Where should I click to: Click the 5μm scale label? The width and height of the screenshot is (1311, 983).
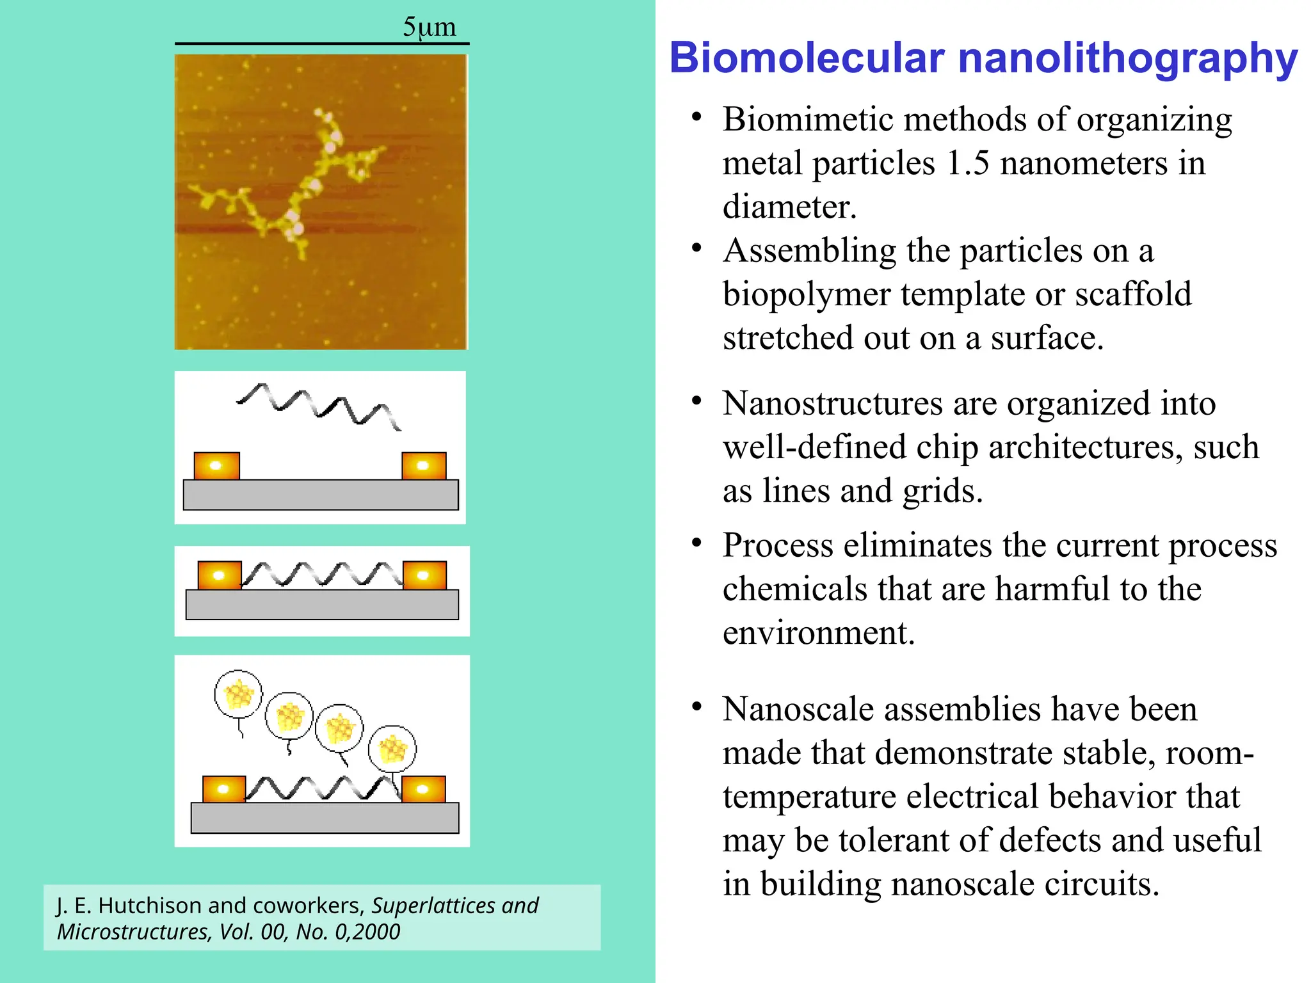(429, 27)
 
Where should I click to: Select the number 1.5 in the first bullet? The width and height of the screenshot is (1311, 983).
(967, 163)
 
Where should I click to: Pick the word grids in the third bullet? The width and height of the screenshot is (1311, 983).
(942, 491)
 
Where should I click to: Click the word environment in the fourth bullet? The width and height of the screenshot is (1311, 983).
(818, 633)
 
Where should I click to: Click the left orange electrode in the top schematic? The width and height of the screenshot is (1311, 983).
(216, 466)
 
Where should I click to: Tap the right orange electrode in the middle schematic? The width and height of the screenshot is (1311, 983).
(424, 575)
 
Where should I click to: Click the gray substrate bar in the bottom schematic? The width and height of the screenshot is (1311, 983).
(325, 818)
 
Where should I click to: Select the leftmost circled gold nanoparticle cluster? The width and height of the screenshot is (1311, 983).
(238, 694)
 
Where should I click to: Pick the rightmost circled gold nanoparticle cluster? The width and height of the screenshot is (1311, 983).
(392, 748)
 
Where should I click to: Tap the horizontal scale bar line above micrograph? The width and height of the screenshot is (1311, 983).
(322, 44)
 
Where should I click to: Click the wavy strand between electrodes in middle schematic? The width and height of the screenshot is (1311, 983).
(322, 574)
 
